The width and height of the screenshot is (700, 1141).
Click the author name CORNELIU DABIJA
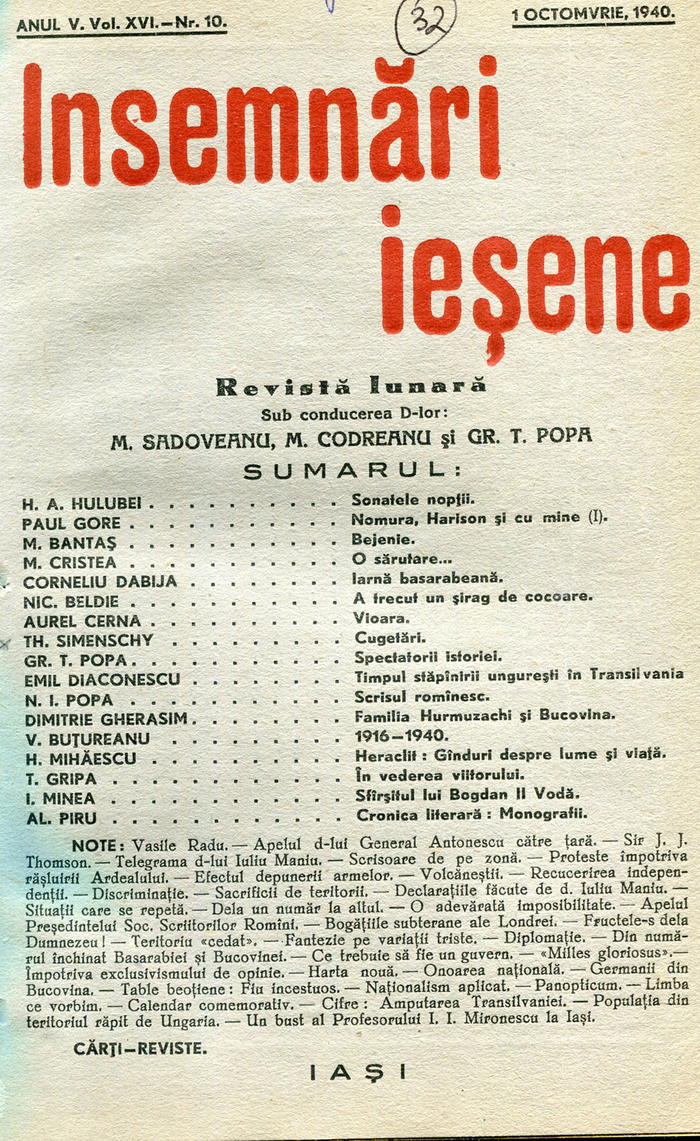pyautogui.click(x=100, y=582)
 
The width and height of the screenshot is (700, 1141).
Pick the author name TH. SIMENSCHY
pyautogui.click(x=88, y=640)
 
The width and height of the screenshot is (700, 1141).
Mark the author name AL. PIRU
pyautogui.click(x=61, y=818)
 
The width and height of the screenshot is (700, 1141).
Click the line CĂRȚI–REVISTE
pyautogui.click(x=140, y=1049)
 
